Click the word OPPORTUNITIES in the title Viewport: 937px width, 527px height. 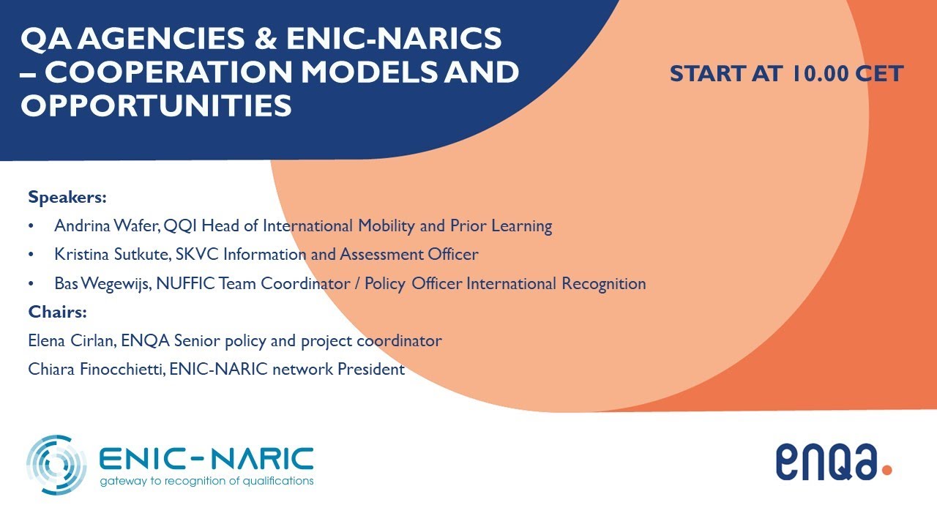(156, 105)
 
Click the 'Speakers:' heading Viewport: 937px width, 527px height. (67, 197)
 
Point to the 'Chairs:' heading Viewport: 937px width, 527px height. (58, 312)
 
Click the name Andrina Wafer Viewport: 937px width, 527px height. (107, 226)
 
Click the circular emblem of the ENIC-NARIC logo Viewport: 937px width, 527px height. (56, 464)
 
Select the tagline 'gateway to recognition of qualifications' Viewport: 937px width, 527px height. (207, 481)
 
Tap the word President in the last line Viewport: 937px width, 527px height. (370, 370)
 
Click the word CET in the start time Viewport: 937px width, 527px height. (881, 74)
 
